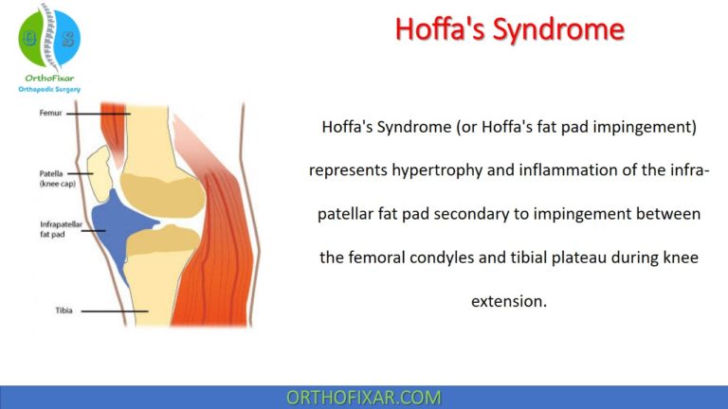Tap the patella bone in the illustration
point(97,169)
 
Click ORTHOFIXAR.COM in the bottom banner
point(363,397)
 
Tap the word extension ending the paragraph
point(507,301)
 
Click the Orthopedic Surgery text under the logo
point(50,89)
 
